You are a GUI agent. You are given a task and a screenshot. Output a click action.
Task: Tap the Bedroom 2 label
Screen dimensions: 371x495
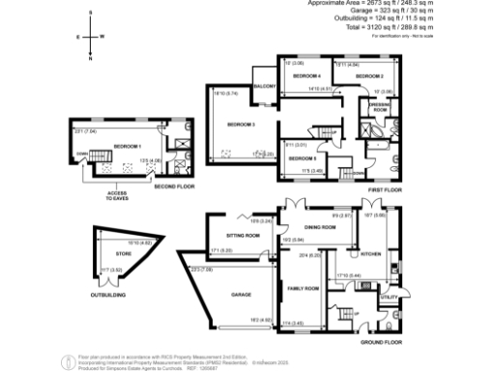click(x=369, y=75)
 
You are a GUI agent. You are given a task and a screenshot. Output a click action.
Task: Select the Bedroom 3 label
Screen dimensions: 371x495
click(x=241, y=124)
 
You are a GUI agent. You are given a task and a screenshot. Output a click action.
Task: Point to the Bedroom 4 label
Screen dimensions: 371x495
click(x=306, y=75)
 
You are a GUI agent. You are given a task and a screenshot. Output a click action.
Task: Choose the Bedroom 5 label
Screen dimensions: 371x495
click(x=302, y=157)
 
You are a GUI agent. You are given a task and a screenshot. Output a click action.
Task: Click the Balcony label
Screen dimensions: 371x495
click(x=266, y=88)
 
